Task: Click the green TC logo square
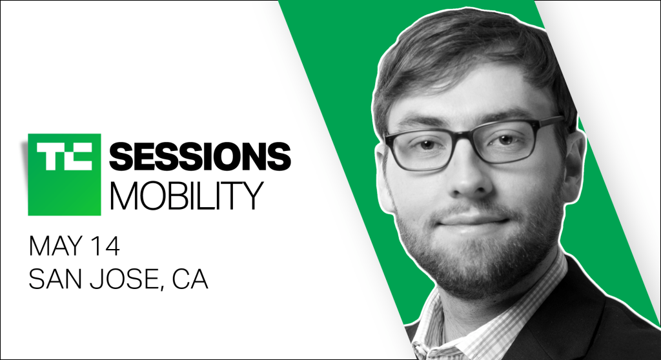tap(65, 175)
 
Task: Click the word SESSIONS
tap(200, 157)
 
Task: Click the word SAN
tap(56, 279)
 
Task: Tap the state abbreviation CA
tap(190, 279)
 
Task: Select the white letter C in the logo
tap(77, 157)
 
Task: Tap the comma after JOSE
tap(163, 288)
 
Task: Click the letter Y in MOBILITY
tap(252, 195)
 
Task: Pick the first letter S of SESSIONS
tap(121, 157)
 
